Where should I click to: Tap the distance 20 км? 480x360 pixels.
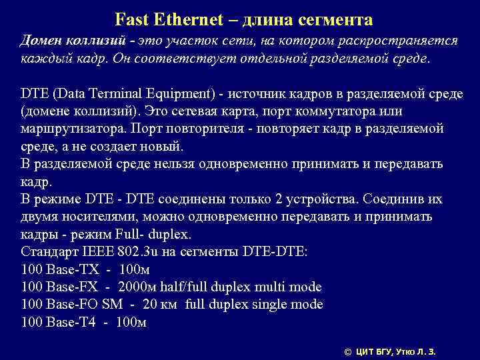tap(161, 305)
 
